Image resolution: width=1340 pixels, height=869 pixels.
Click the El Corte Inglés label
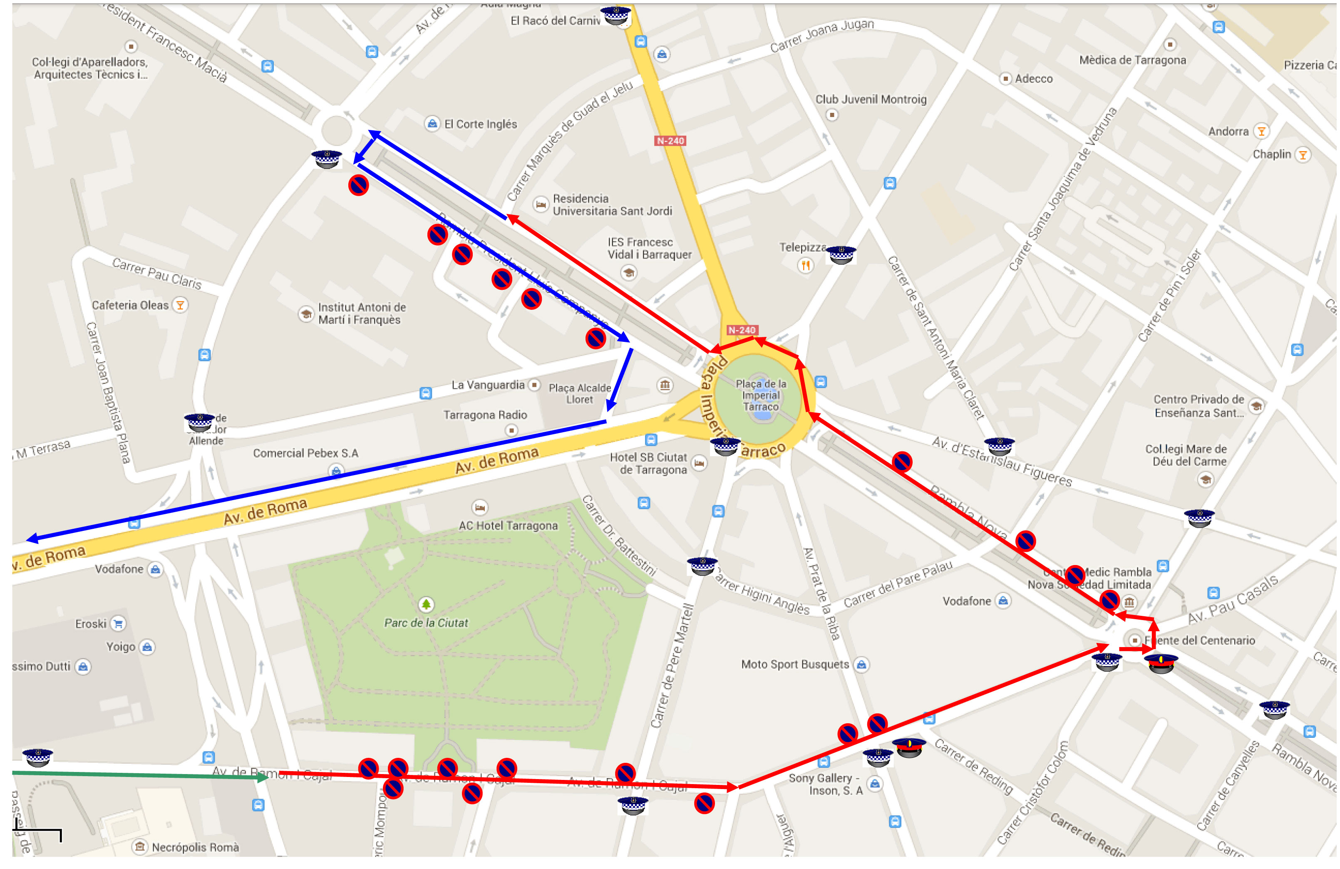click(x=480, y=124)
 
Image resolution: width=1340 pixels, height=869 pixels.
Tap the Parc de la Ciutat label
click(x=426, y=623)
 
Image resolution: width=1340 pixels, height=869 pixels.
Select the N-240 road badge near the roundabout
click(x=742, y=330)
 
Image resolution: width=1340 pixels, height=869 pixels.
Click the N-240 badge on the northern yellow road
click(x=670, y=141)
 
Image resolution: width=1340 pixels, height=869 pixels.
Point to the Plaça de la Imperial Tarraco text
click(x=761, y=395)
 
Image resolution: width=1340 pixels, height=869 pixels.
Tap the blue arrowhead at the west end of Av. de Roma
click(x=32, y=538)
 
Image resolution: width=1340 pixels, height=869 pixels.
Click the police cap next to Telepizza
click(x=841, y=254)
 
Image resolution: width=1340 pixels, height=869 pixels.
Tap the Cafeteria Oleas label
click(x=130, y=305)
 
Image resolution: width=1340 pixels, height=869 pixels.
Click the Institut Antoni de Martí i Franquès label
click(x=362, y=314)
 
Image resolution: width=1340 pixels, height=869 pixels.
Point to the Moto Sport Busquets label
click(x=794, y=665)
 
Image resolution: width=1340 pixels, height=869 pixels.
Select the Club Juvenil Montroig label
click(x=871, y=100)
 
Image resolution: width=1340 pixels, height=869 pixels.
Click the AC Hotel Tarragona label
click(x=508, y=525)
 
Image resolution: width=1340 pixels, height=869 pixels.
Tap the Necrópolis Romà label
click(x=195, y=847)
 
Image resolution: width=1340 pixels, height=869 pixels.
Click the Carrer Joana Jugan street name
click(x=821, y=35)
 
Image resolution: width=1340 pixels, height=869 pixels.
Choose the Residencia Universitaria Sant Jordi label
click(x=612, y=205)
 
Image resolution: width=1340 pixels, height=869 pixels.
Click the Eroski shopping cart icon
click(x=118, y=623)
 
